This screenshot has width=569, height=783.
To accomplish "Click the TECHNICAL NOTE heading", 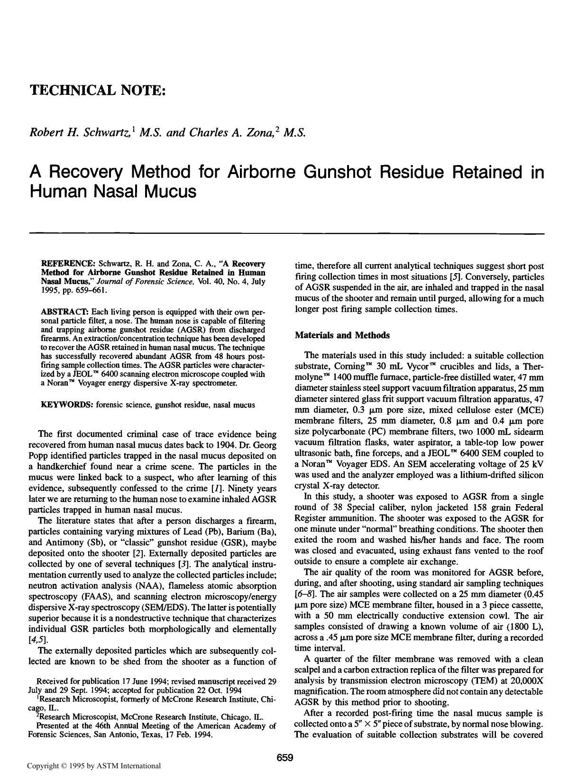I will (x=98, y=90).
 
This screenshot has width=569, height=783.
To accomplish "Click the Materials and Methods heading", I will (x=342, y=335).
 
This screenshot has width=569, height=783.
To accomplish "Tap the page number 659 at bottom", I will (x=285, y=758).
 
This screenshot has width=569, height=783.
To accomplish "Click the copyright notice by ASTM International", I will (x=94, y=765).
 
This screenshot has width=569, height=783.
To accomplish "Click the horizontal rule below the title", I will (x=286, y=233).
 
